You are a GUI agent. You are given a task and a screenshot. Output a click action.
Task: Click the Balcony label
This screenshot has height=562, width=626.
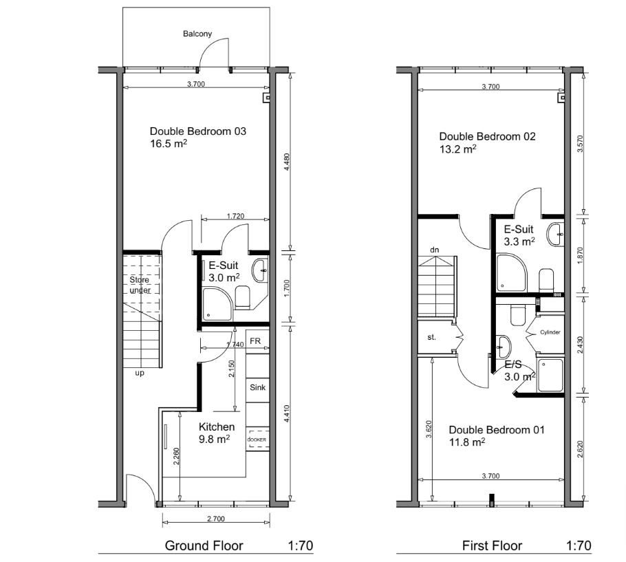pos(197,34)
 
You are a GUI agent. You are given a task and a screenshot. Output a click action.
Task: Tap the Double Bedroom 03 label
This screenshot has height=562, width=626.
pos(198,131)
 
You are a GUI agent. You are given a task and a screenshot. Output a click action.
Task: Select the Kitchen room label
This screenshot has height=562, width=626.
pos(217,426)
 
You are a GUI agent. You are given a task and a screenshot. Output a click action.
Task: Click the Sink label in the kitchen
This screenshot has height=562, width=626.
pos(257,387)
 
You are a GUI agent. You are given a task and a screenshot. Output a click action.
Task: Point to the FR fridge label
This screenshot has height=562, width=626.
pos(255,341)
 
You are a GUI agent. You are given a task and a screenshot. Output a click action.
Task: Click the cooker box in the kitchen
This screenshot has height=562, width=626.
pos(257,439)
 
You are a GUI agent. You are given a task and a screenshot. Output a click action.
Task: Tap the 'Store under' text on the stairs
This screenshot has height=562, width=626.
pos(140,285)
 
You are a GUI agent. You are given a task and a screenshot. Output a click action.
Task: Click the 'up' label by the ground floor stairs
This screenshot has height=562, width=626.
pos(140,374)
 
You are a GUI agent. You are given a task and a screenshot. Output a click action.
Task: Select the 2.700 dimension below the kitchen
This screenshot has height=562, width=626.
pos(216,519)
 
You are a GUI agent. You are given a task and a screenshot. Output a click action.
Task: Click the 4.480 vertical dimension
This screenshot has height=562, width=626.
pos(287,162)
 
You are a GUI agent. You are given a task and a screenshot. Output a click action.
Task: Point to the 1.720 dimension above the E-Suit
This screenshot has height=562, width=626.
pos(235,216)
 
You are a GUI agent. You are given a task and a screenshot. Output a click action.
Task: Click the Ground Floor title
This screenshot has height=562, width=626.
pos(204,545)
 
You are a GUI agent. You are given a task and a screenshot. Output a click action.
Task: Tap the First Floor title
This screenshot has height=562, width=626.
pos(492,545)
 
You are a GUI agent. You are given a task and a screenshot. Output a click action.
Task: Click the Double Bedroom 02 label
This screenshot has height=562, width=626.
pos(488,136)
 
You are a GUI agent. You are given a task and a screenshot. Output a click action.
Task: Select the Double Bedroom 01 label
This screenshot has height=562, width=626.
pos(497,430)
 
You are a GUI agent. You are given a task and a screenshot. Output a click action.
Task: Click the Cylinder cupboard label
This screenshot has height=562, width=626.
pos(550,332)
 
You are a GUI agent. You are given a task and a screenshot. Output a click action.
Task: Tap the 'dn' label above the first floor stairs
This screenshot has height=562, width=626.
pos(435,250)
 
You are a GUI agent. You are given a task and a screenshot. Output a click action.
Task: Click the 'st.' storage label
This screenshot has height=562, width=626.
pos(431,337)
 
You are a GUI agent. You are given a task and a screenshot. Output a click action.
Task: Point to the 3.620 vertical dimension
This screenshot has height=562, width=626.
pos(429,429)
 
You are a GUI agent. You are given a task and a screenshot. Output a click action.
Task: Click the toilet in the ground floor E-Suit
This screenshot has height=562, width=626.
pos(242,297)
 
